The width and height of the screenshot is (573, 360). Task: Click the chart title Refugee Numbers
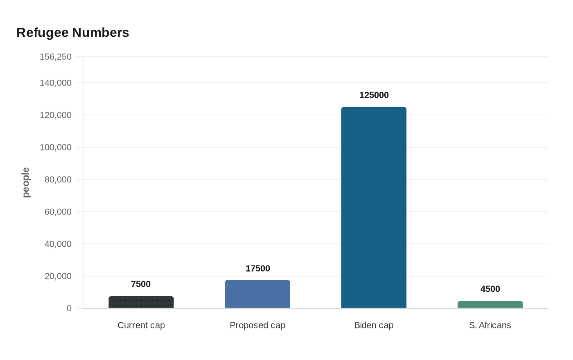(73, 33)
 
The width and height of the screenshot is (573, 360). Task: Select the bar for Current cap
(141, 302)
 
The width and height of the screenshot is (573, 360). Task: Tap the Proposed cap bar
(257, 294)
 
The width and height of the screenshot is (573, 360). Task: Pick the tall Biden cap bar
(374, 207)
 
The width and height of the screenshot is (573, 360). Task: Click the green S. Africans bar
(490, 305)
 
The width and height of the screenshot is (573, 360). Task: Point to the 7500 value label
(141, 284)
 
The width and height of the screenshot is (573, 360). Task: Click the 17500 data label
(257, 268)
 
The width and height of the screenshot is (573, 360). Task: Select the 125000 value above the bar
(374, 95)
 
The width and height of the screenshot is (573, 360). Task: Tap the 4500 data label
(490, 289)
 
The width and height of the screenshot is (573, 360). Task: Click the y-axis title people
(26, 182)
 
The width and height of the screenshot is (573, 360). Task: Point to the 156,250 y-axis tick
(56, 56)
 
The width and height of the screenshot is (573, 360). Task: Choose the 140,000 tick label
(56, 83)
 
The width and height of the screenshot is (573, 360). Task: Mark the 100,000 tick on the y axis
(56, 147)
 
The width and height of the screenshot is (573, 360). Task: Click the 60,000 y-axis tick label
(58, 212)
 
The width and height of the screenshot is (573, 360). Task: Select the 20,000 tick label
(58, 276)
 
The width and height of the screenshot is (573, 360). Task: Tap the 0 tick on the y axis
(69, 308)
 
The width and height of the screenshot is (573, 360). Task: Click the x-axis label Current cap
(141, 325)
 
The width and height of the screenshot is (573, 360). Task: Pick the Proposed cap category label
(257, 325)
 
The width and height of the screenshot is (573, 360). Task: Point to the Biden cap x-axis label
(374, 325)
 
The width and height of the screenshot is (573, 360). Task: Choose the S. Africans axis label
(490, 325)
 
